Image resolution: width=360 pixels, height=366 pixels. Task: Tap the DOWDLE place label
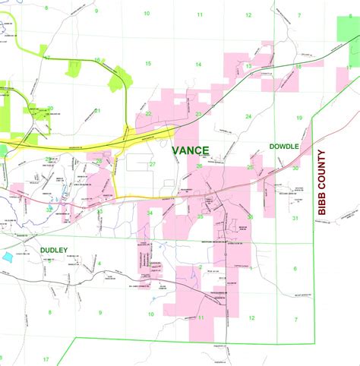[x=284, y=146]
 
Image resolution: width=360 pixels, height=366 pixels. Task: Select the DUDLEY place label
[x=55, y=250]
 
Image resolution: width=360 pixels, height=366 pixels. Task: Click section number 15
[x=148, y=63]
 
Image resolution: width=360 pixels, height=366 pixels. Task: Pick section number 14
[x=198, y=65]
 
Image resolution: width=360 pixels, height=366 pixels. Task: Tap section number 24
[x=248, y=116]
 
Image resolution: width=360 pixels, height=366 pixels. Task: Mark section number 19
[x=299, y=118]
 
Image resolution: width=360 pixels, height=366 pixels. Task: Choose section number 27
[x=152, y=164]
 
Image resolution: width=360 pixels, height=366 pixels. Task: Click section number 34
[x=150, y=213]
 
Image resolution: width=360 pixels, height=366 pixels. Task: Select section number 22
[x=149, y=114]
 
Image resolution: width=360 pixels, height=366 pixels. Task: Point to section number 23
[x=198, y=114]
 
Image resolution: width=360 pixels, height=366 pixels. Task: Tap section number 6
[x=295, y=269]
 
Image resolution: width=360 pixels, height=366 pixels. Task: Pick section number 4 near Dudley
[x=99, y=263]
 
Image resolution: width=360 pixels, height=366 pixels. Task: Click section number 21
[x=97, y=111]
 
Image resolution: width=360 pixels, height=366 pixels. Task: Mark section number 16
[x=98, y=59]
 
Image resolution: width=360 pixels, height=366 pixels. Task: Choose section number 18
[x=298, y=66]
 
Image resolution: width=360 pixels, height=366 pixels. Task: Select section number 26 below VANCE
[x=200, y=166]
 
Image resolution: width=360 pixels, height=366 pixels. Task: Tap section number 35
[x=200, y=216]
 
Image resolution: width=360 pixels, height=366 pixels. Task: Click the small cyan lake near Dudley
[x=8, y=257]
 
